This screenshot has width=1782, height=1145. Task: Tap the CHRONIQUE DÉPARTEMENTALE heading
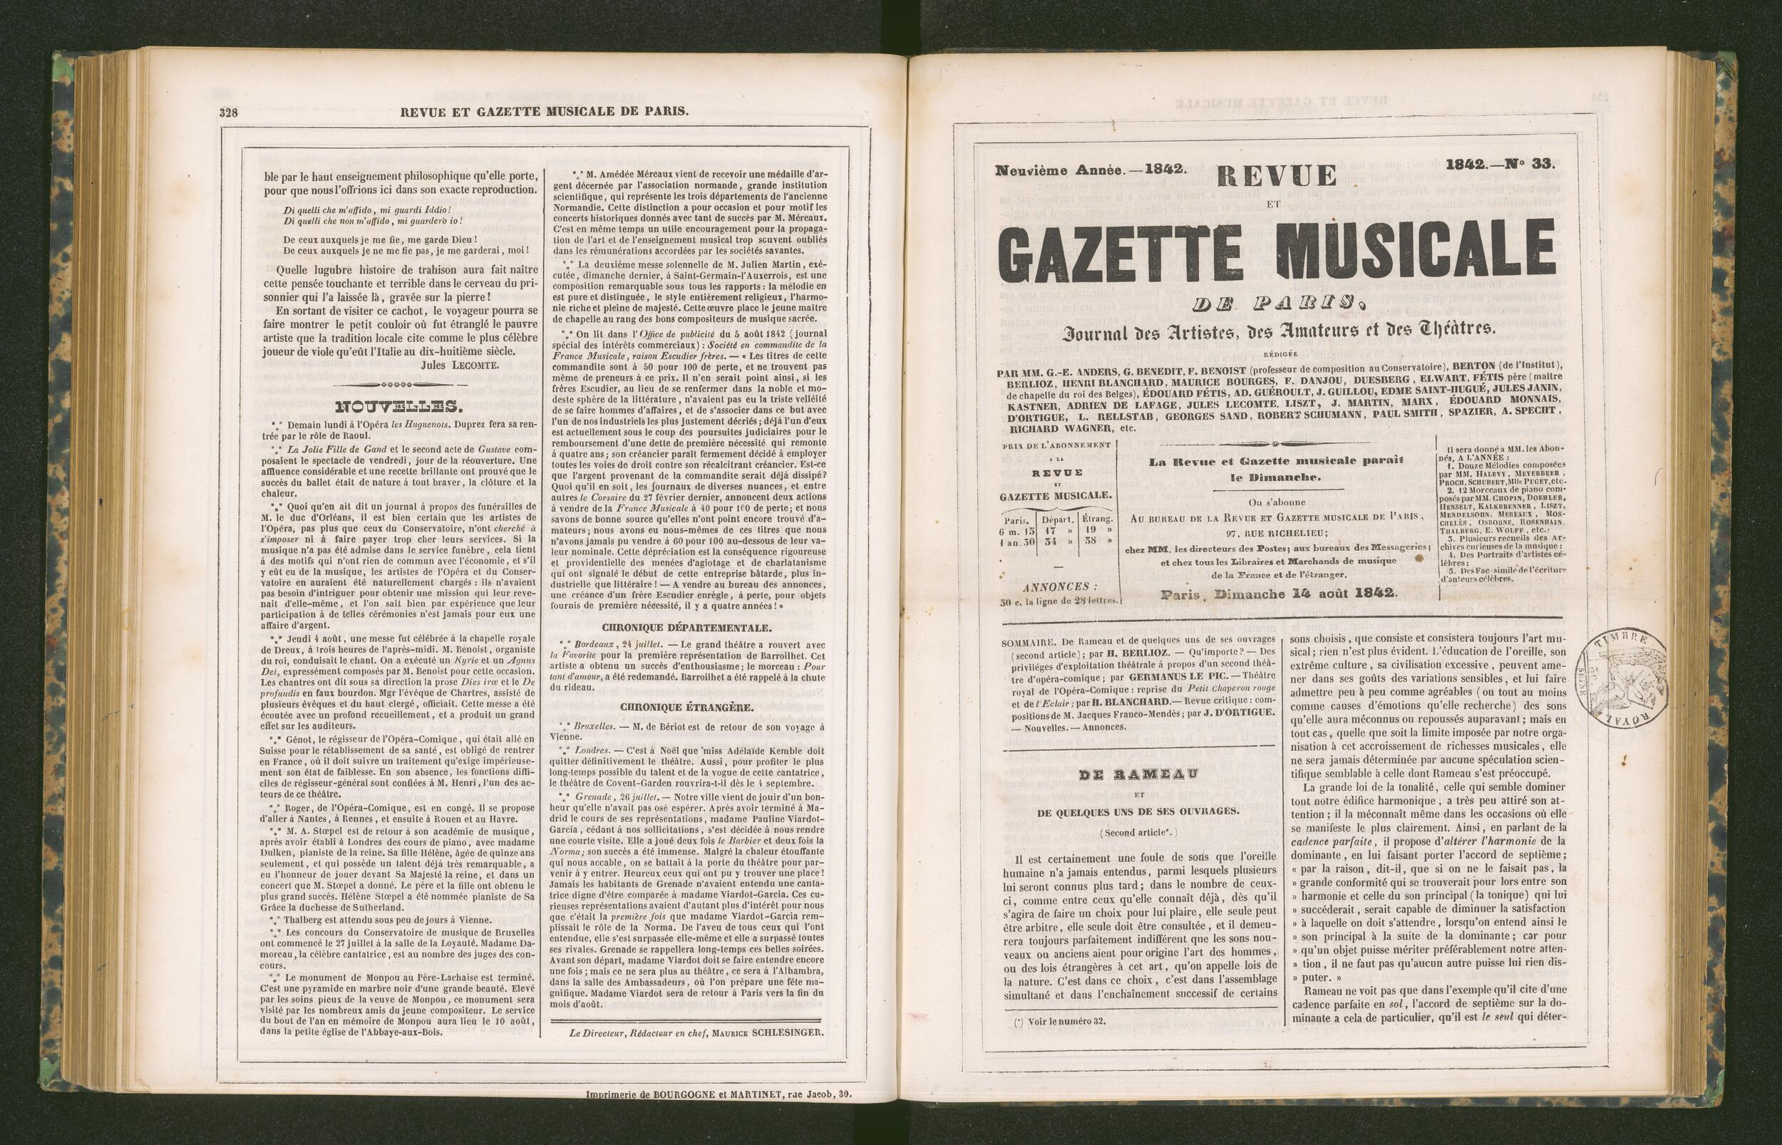click(686, 628)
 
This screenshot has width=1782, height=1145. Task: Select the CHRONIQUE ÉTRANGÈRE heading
click(686, 707)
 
